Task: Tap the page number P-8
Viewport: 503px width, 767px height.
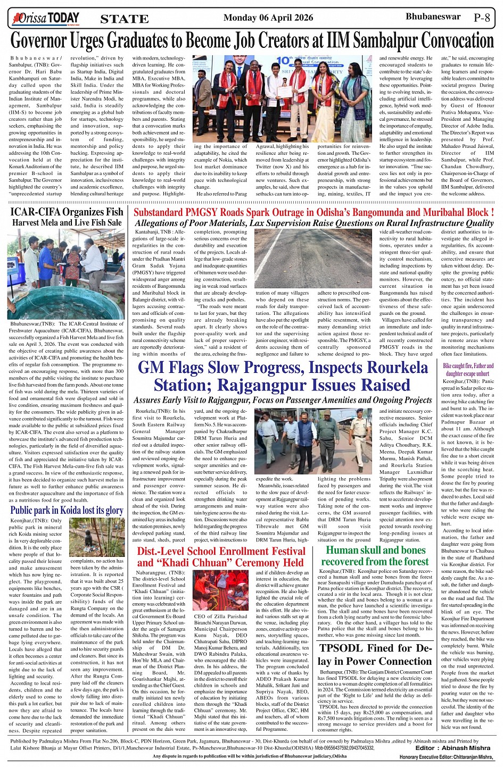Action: pos(484,18)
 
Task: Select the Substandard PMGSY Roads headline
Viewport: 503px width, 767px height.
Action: pos(314,212)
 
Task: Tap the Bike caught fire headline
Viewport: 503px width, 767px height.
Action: pos(468,370)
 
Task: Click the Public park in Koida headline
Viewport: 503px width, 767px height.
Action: pos(67,510)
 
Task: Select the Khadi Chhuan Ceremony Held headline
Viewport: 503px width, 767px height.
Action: pos(221,557)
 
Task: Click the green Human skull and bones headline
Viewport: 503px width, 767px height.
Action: pos(375,556)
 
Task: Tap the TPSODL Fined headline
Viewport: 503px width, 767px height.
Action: pos(375,654)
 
